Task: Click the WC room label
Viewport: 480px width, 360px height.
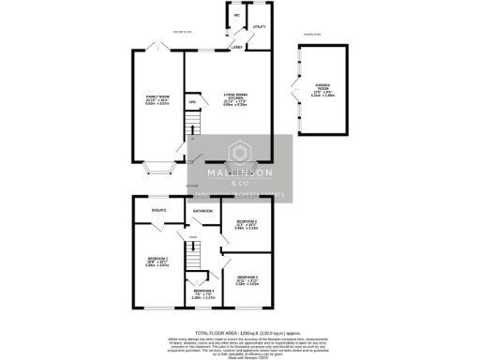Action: click(x=237, y=16)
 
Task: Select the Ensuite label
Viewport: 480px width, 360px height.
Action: click(x=158, y=210)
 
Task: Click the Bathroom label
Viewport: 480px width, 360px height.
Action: click(x=202, y=211)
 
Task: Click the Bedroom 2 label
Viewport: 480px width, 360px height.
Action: click(x=247, y=224)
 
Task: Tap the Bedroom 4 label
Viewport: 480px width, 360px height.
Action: click(x=203, y=293)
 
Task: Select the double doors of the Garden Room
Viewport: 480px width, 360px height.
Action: click(x=296, y=92)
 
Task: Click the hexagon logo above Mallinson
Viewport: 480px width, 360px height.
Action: click(x=241, y=153)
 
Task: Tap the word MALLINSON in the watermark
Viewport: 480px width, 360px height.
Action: click(x=241, y=173)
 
